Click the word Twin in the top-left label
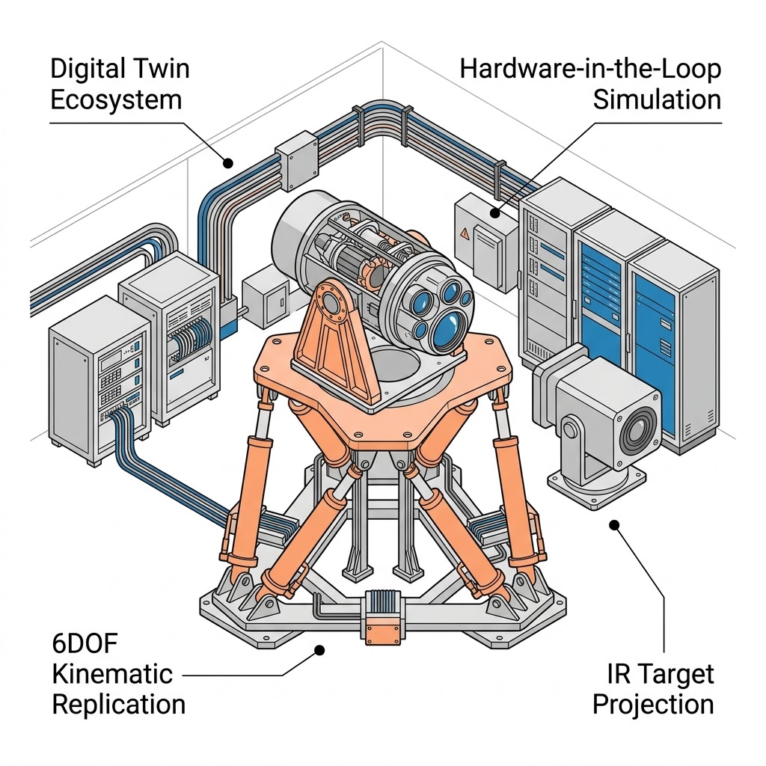[x=157, y=69]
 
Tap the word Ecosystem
[x=116, y=99]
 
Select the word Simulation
[x=658, y=99]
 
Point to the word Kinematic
[x=112, y=673]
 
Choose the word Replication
[x=118, y=704]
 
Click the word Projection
[x=653, y=704]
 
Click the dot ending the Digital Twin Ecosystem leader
[x=228, y=162]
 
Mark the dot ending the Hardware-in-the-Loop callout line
[x=494, y=212]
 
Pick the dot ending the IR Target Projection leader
[x=614, y=525]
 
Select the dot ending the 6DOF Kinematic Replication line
[x=319, y=651]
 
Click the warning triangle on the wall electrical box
[x=465, y=233]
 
